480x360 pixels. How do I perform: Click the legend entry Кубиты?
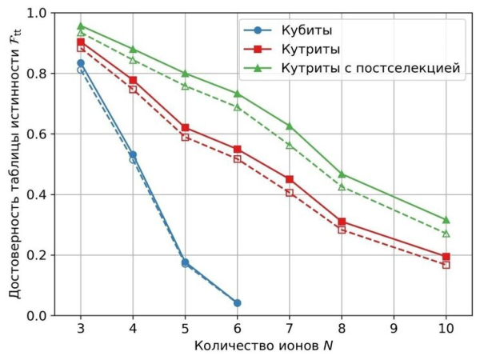point(306,30)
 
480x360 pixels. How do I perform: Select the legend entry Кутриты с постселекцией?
point(370,68)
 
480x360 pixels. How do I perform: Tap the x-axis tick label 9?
point(394,328)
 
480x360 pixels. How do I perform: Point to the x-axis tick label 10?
point(446,328)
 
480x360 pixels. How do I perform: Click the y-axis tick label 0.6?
point(37,134)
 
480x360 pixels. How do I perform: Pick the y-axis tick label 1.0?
point(37,14)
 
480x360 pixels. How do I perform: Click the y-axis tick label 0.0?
point(37,316)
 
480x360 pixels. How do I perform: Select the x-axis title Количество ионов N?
point(263,346)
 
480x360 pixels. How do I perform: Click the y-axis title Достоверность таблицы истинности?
point(14,164)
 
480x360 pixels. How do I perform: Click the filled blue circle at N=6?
point(237,303)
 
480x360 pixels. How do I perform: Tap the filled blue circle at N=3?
point(81,63)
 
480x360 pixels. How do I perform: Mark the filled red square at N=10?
point(446,257)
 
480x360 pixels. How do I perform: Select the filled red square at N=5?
point(185,128)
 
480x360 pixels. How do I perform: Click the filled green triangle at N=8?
point(342,174)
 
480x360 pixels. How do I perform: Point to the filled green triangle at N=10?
point(446,219)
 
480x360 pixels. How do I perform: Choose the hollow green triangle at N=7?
point(290,145)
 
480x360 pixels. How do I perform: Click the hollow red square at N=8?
point(342,230)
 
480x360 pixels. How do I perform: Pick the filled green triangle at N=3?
point(81,26)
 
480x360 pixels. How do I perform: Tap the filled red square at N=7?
point(290,179)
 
